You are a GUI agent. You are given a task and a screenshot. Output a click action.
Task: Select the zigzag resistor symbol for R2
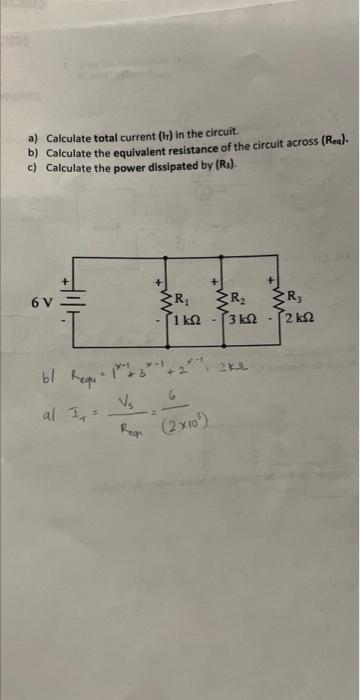pos(217,298)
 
